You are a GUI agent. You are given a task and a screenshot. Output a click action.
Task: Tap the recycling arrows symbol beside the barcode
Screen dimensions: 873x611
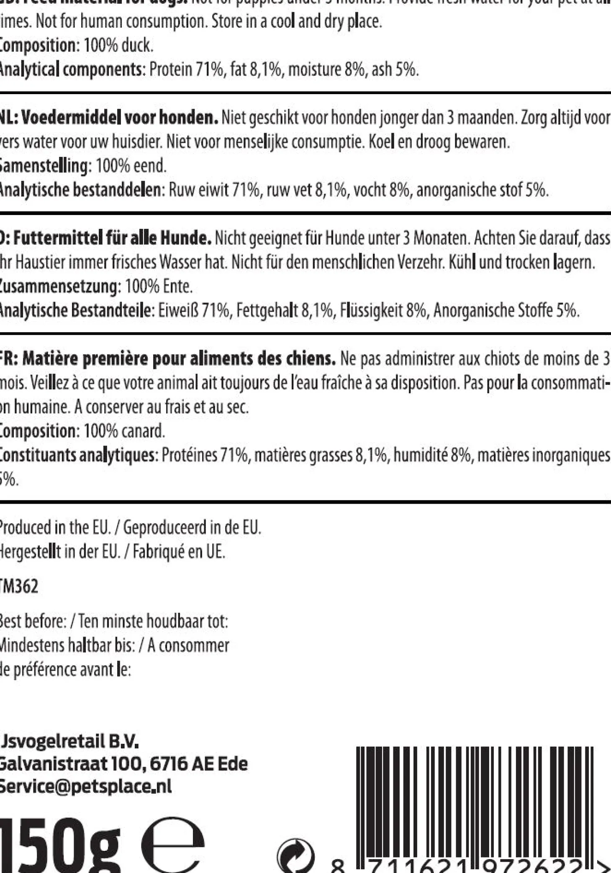tap(295, 858)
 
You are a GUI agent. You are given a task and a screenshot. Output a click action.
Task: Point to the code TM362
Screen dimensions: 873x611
tap(19, 586)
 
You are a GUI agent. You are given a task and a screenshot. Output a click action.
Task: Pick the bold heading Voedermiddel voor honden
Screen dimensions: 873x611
tap(119, 118)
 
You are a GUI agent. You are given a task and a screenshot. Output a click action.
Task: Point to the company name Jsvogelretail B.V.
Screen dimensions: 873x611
tap(69, 742)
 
